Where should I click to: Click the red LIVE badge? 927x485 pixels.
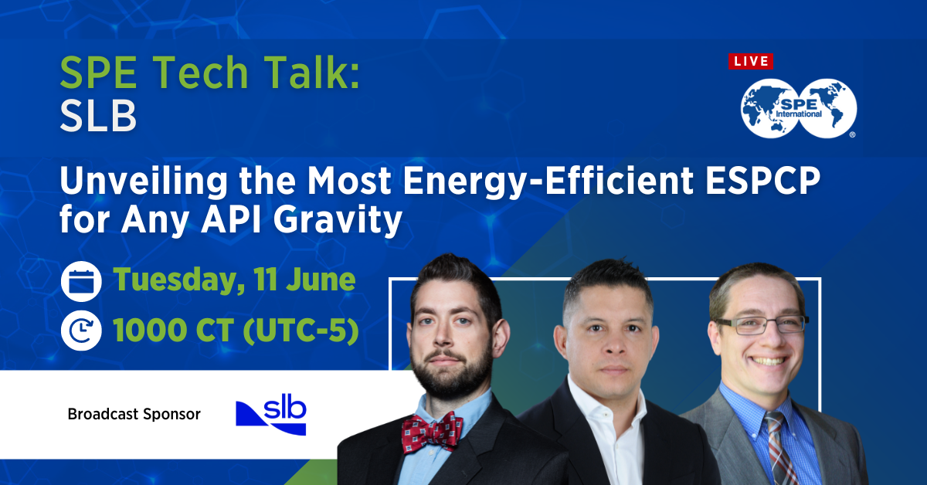click(x=750, y=62)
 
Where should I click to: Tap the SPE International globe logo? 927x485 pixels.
click(x=799, y=108)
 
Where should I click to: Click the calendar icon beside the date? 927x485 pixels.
click(x=81, y=280)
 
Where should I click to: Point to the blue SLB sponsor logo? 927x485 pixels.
click(x=271, y=414)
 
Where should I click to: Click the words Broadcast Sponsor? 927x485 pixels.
click(x=134, y=414)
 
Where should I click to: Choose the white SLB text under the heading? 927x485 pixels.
click(x=98, y=118)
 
